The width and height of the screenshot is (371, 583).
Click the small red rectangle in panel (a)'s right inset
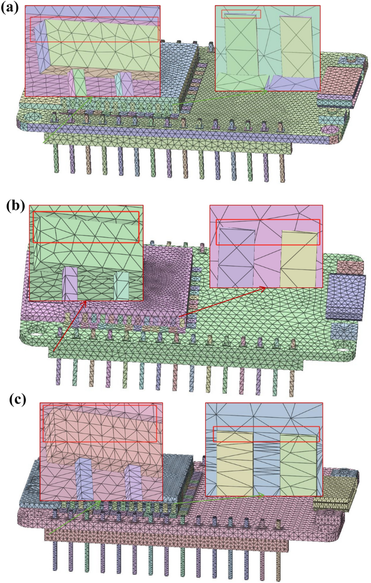point(241,14)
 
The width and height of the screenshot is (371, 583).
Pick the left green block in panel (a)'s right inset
point(242,49)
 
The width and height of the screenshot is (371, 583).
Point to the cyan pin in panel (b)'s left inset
point(121,285)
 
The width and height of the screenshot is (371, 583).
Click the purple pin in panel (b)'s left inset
point(70,283)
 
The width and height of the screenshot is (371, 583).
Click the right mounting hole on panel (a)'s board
point(329,129)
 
